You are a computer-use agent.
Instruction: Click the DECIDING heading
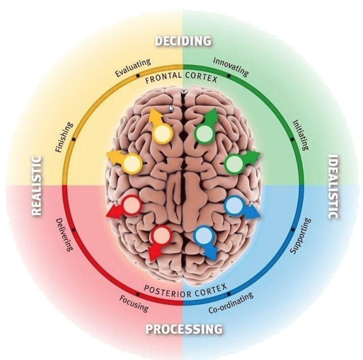(183, 41)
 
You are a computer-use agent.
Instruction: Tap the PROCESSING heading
(184, 329)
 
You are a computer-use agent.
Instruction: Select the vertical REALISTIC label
(36, 185)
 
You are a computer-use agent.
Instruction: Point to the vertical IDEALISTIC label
(333, 187)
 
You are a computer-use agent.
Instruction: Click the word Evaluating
(132, 68)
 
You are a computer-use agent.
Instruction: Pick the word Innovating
(231, 67)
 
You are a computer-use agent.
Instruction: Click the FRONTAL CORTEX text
(181, 79)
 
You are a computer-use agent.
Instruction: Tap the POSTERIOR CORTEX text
(184, 289)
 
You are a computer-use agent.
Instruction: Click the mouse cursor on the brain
(171, 109)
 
